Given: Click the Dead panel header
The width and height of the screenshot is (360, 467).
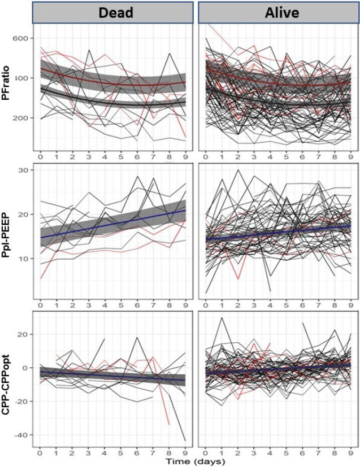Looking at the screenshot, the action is (113, 12).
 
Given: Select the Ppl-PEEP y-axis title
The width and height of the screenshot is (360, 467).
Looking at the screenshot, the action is (6, 233).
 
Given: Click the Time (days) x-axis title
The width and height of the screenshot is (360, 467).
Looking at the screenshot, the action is (195, 462).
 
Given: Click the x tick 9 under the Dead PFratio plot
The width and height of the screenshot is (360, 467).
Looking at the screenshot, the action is (186, 156).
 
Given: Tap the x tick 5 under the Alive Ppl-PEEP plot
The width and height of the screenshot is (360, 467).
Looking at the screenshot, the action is (286, 305).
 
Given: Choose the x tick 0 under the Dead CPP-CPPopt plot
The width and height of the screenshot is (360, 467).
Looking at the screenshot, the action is (40, 453).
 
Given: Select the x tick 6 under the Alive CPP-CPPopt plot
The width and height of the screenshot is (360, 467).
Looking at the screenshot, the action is (302, 453).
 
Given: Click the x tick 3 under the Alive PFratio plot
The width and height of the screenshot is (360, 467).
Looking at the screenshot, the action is (254, 156).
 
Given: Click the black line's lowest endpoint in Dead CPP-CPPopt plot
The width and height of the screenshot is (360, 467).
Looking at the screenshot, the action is (186, 440).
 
